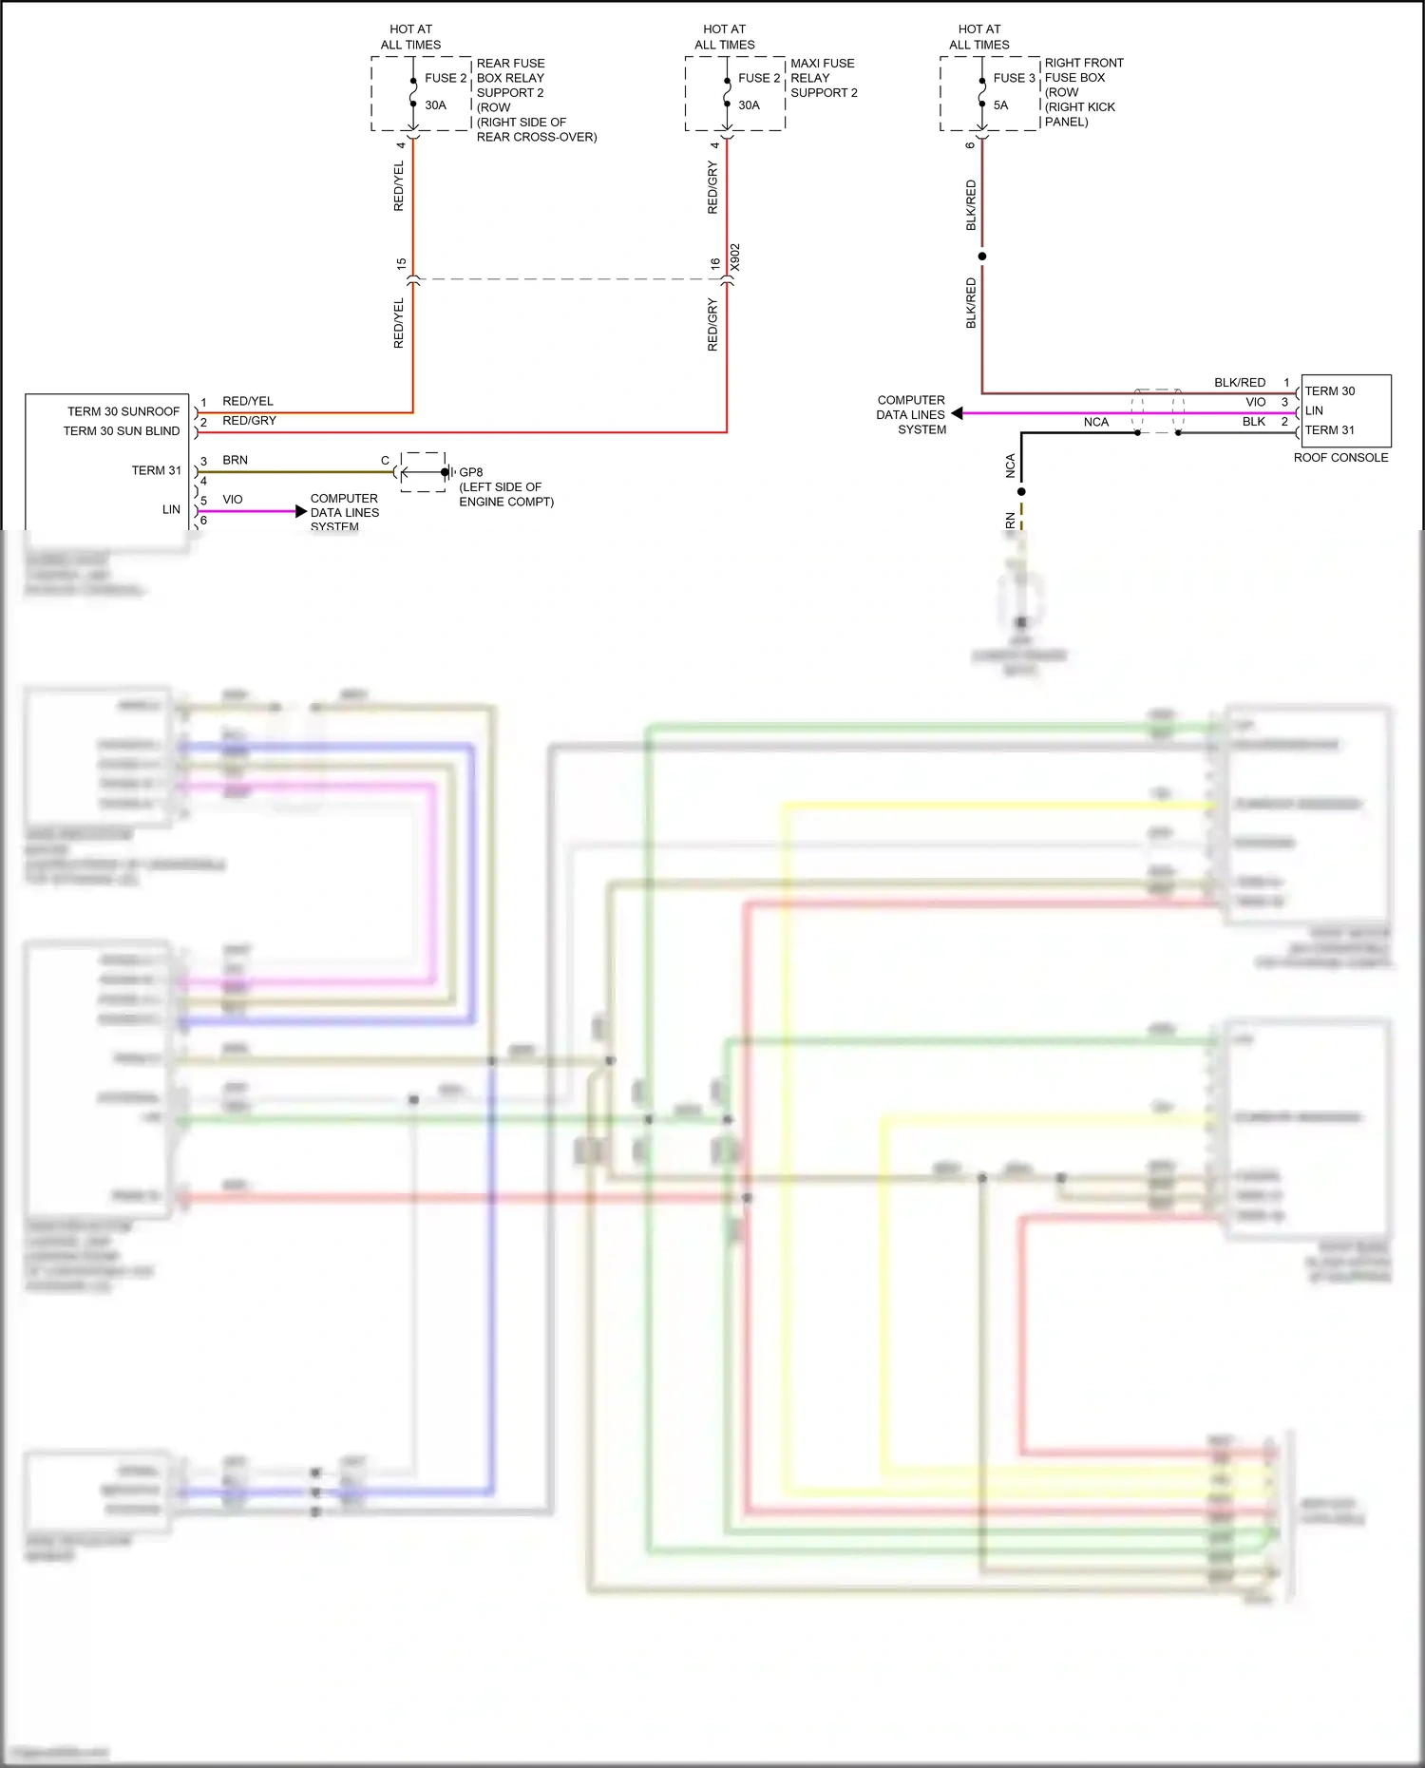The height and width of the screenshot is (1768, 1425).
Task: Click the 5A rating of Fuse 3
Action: click(x=1000, y=105)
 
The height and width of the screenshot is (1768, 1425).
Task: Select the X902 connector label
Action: click(x=735, y=257)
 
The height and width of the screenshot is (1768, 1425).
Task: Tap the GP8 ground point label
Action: click(x=471, y=472)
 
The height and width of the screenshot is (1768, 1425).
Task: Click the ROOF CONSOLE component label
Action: click(x=1340, y=458)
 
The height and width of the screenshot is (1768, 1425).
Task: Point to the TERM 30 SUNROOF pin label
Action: click(x=123, y=411)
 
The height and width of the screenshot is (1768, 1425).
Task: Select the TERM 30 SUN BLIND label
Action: click(x=122, y=431)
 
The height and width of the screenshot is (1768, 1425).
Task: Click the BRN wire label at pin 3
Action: click(x=235, y=460)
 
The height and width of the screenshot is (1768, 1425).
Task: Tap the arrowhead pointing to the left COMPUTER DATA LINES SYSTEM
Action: click(x=301, y=512)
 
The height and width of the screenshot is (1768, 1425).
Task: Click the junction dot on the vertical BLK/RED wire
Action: click(x=982, y=257)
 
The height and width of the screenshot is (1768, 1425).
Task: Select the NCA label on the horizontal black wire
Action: click(x=1095, y=423)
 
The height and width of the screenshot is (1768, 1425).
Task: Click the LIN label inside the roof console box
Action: click(x=1314, y=410)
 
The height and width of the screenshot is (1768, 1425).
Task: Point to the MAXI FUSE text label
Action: click(x=822, y=64)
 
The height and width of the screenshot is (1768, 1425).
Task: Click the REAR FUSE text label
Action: click(x=510, y=64)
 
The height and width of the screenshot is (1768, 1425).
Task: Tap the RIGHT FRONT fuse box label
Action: click(x=1084, y=63)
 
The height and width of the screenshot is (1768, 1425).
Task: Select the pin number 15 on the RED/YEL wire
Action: click(x=401, y=264)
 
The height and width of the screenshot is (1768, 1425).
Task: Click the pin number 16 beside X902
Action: click(x=715, y=264)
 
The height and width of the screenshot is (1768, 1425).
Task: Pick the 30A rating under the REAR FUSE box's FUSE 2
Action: click(x=435, y=105)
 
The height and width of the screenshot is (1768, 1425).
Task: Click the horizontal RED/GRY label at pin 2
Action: click(x=249, y=421)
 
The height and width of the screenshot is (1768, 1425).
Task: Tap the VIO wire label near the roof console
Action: click(x=1255, y=403)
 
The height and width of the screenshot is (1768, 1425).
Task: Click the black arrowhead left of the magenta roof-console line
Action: click(x=958, y=413)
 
